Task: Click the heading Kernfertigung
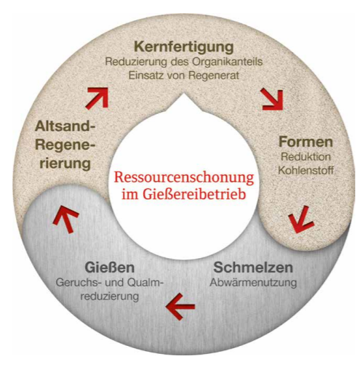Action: pyautogui.click(x=184, y=47)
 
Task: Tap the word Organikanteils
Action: pyautogui.click(x=228, y=62)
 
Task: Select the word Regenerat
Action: pyautogui.click(x=214, y=76)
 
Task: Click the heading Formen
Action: pyautogui.click(x=305, y=142)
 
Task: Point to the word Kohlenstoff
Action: pyautogui.click(x=305, y=170)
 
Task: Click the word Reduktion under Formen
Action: pyautogui.click(x=305, y=157)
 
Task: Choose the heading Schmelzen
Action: pyautogui.click(x=253, y=267)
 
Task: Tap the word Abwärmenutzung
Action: pyautogui.click(x=253, y=282)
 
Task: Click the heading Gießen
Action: pyautogui.click(x=110, y=267)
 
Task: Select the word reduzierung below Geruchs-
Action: pyautogui.click(x=110, y=297)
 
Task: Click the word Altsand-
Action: pyautogui.click(x=65, y=126)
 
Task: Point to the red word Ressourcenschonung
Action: pyautogui.click(x=184, y=177)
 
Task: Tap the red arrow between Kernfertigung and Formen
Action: pyautogui.click(x=273, y=100)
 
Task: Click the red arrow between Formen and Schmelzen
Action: pyautogui.click(x=300, y=219)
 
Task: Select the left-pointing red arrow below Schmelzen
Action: pyautogui.click(x=180, y=307)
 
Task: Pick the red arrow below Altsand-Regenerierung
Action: pyautogui.click(x=66, y=219)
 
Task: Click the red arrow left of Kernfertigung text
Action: pyautogui.click(x=97, y=98)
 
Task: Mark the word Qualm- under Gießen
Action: pyautogui.click(x=144, y=283)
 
